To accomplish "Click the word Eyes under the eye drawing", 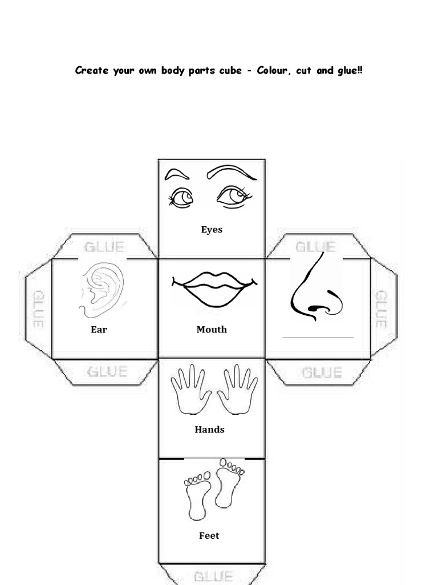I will [212, 230].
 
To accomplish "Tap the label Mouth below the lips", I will [212, 330].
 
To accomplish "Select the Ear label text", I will [99, 330].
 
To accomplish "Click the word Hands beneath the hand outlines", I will [209, 430].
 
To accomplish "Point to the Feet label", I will [209, 536].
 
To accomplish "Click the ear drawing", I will [103, 289].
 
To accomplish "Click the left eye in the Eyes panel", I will [181, 198].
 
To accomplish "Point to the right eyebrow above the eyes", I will [231, 171].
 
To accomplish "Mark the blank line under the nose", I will [318, 338].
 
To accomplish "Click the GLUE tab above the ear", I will [104, 247].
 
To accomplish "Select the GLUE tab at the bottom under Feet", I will [213, 576].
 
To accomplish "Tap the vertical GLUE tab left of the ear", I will [38, 308].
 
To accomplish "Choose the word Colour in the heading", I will [275, 71].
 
